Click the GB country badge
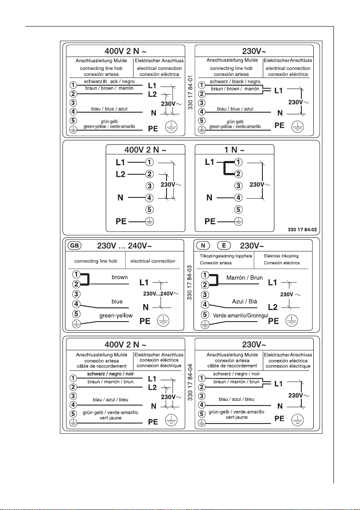click(x=74, y=245)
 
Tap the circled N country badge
click(x=203, y=245)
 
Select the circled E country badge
click(x=224, y=245)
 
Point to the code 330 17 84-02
click(x=302, y=230)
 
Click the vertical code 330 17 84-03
click(x=190, y=282)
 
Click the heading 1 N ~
click(x=235, y=149)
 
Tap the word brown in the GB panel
click(x=120, y=277)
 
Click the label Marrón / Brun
click(x=244, y=278)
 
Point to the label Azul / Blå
click(x=244, y=301)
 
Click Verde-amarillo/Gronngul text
click(x=241, y=316)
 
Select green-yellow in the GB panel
click(x=116, y=316)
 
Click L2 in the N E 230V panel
click(x=273, y=307)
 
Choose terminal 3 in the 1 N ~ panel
click(x=239, y=186)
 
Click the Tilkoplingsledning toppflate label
click(x=226, y=256)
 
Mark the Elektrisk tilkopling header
click(x=281, y=256)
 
